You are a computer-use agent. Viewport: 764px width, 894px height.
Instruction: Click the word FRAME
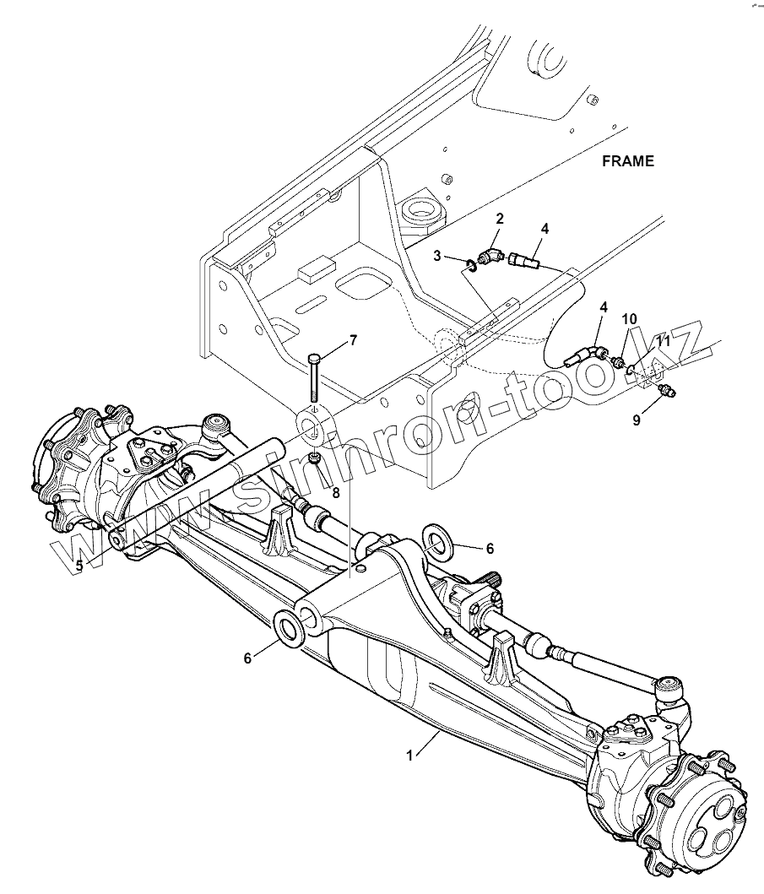click(x=627, y=161)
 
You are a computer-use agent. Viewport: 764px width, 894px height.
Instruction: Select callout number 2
click(x=500, y=219)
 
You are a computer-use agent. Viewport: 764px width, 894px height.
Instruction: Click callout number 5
click(x=79, y=565)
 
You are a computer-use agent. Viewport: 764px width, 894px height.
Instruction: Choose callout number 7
click(x=353, y=340)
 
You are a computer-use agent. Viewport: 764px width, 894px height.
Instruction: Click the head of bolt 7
click(x=314, y=359)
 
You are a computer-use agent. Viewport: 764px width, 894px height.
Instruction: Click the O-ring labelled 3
click(x=469, y=268)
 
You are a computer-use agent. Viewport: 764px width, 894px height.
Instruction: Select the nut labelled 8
click(x=315, y=458)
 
